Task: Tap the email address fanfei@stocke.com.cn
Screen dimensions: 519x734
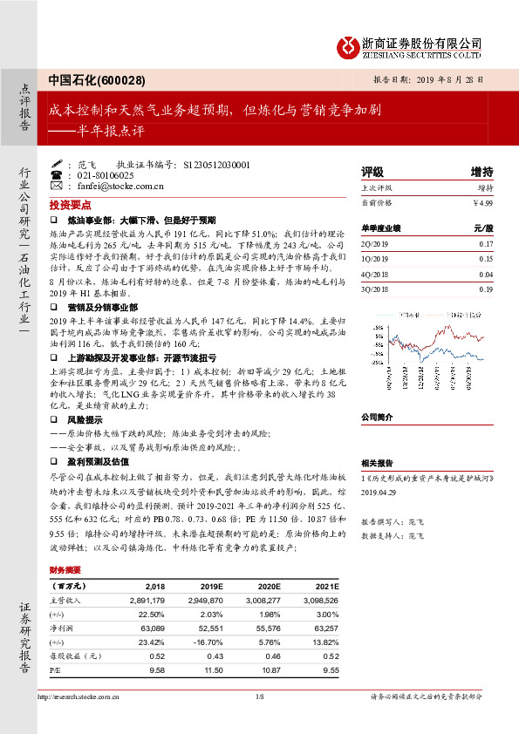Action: (x=114, y=186)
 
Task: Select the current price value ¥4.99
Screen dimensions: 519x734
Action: (x=482, y=202)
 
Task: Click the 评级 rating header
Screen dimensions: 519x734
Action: (x=372, y=171)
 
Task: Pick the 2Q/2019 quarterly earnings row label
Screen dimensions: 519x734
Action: (x=373, y=244)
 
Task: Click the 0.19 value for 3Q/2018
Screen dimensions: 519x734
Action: (x=486, y=289)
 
